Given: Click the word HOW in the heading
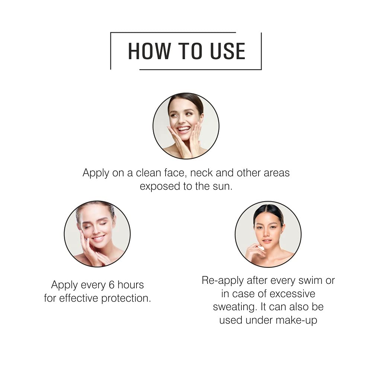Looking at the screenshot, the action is point(150,51).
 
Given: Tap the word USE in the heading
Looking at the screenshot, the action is point(228,51).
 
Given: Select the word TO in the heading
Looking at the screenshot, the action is point(190,51).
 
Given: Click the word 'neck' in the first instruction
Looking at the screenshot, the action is point(202,173).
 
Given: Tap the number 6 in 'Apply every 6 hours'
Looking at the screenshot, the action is point(112,285).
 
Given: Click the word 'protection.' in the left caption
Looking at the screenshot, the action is point(126,298).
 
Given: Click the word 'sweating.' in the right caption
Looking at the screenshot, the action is point(235,307).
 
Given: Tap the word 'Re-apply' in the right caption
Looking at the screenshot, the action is point(223,281).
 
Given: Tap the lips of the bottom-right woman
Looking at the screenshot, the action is point(267,241).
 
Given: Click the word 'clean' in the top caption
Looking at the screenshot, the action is point(148,173).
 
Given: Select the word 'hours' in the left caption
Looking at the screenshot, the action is point(131,285).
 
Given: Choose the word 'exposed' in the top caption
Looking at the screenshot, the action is point(160,187).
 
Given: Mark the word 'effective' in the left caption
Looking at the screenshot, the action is point(79,298).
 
